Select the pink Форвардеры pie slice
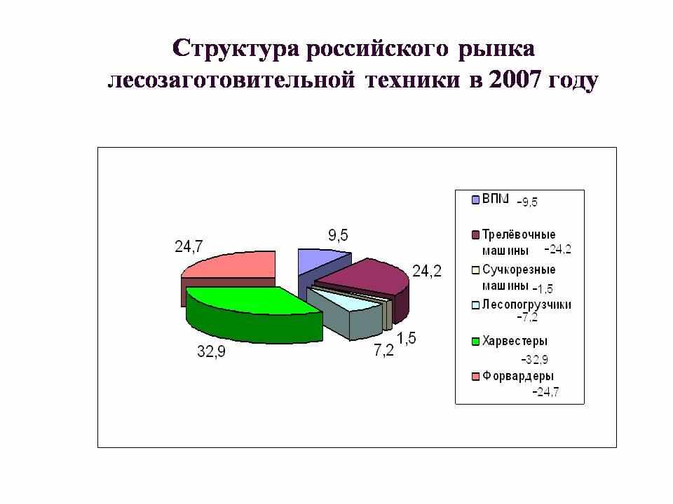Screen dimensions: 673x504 pyautogui.click(x=232, y=274)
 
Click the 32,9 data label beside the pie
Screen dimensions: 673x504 pyautogui.click(x=211, y=352)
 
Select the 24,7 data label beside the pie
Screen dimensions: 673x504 pyautogui.click(x=189, y=247)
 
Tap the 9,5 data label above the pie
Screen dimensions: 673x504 pyautogui.click(x=338, y=235)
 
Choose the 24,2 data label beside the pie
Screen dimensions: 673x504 pyautogui.click(x=427, y=272)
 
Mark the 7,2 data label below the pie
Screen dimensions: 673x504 pyautogui.click(x=383, y=351)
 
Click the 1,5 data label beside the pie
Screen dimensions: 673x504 pyautogui.click(x=406, y=338)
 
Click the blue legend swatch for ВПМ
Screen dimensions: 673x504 pyautogui.click(x=475, y=199)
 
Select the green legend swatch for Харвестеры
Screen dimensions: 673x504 pyautogui.click(x=475, y=342)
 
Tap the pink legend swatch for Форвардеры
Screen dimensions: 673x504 pyautogui.click(x=475, y=377)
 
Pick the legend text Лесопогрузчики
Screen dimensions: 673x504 pyautogui.click(x=526, y=304)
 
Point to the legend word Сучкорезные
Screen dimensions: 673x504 pyautogui.click(x=519, y=269)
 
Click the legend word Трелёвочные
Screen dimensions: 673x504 pyautogui.click(x=519, y=234)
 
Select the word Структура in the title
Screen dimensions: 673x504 pyautogui.click(x=236, y=48)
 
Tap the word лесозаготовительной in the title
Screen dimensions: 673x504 pyautogui.click(x=231, y=80)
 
